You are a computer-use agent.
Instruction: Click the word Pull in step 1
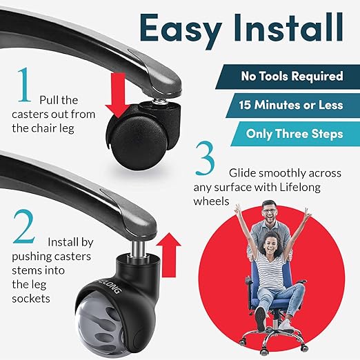click(52, 99)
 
